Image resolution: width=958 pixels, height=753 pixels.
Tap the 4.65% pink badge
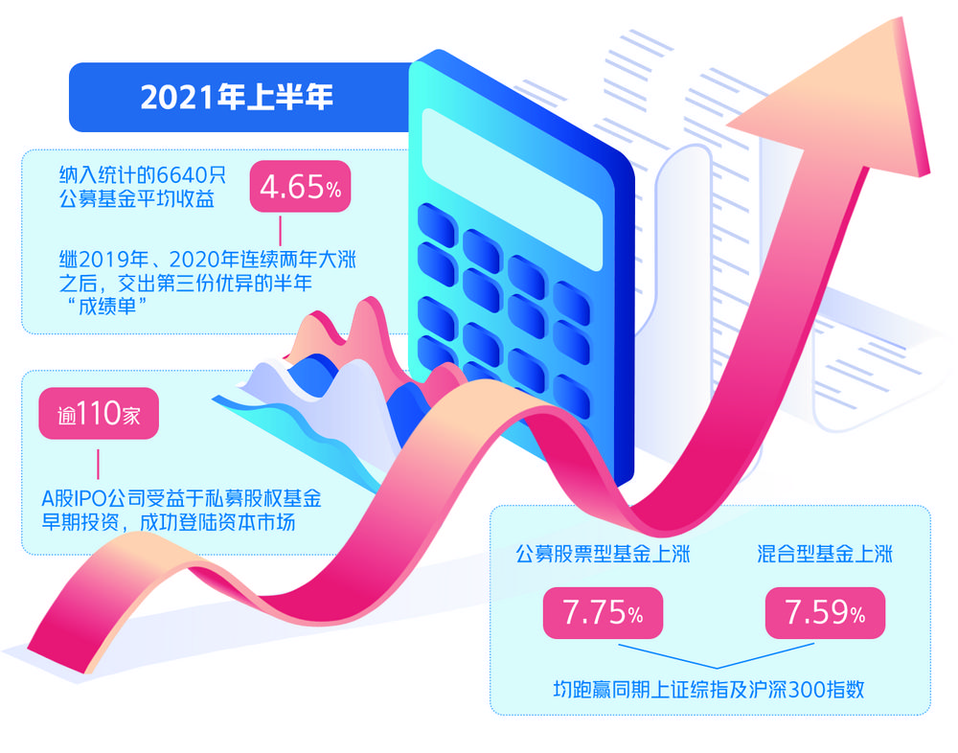300,187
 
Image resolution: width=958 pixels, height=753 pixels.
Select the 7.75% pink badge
603,612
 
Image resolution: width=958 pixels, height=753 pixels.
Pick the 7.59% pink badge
825,612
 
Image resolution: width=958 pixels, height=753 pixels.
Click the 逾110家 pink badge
99,413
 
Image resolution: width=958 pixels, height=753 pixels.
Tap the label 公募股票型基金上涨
603,554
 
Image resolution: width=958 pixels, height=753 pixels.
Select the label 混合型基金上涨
825,554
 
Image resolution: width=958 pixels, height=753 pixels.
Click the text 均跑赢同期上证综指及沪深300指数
709,690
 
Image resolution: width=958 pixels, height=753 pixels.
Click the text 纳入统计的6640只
143,175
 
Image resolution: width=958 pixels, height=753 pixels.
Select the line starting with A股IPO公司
181,499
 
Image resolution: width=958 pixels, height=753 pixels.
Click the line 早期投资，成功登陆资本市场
168,522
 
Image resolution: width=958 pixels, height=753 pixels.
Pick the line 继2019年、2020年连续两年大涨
207,260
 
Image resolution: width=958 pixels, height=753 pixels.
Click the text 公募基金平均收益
137,198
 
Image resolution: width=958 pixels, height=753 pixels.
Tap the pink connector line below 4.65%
281,230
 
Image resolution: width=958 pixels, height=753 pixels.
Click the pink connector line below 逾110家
98,465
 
